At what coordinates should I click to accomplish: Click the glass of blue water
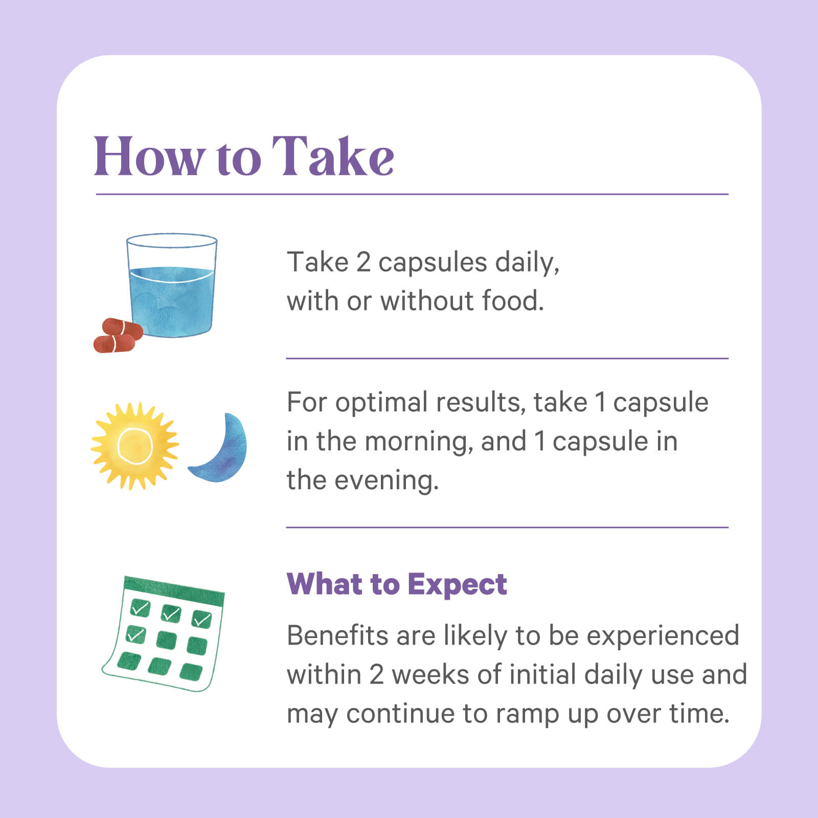point(172,285)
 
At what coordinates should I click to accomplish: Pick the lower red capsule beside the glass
point(115,344)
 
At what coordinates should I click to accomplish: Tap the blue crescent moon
point(220,448)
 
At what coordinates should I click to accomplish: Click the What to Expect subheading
point(397,584)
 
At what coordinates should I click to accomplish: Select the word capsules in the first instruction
point(433,264)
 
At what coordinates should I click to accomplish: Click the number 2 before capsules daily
point(363,262)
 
